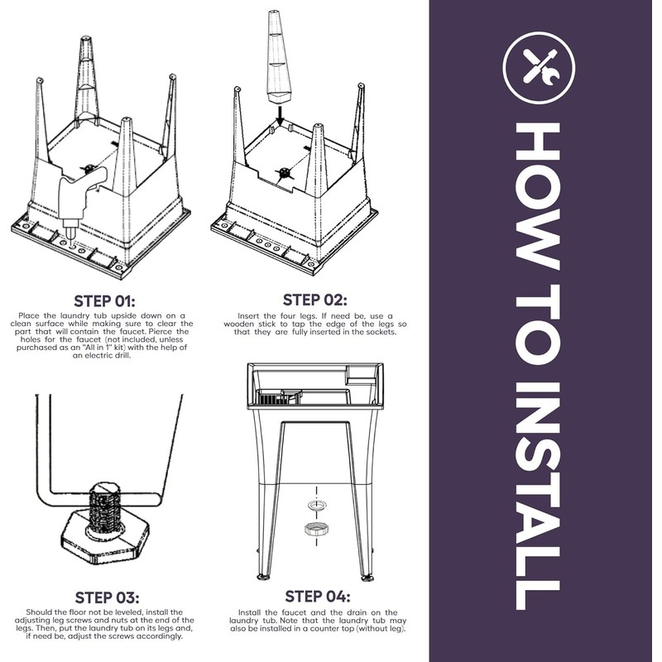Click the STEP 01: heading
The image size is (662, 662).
click(105, 301)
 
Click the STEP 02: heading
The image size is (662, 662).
click(315, 300)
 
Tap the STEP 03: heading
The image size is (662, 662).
click(107, 597)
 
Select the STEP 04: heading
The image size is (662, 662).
click(318, 597)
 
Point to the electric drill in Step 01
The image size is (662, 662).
click(80, 199)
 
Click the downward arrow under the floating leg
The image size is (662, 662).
click(280, 115)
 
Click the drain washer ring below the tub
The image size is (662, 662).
click(316, 505)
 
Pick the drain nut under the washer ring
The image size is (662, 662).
click(316, 529)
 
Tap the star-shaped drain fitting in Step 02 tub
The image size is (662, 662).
click(285, 173)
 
